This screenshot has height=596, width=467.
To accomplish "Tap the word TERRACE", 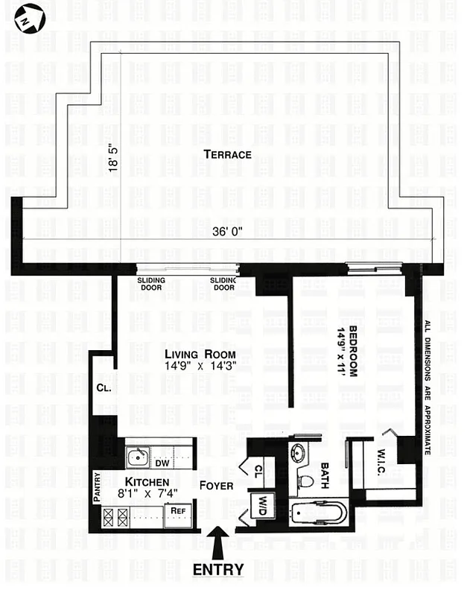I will point(227,155).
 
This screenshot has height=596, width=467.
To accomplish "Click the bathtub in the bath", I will point(318,513).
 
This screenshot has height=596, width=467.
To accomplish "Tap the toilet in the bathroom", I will point(305,481).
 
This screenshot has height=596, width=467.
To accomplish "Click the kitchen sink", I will point(137,457).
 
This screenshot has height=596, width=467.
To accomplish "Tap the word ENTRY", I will point(218,570).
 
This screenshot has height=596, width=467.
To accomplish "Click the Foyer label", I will point(216,486).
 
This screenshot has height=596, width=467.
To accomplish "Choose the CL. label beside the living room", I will point(103,388).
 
